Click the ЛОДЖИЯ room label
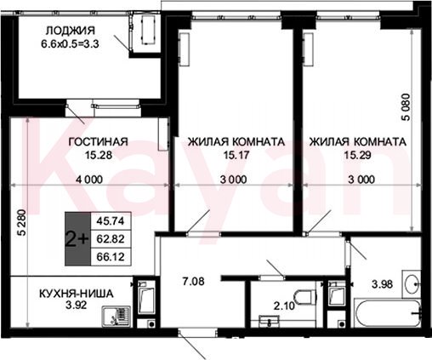tap(71, 31)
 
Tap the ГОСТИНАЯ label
tap(99, 141)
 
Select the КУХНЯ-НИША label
tap(76, 294)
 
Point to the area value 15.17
tap(236, 155)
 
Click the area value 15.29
tap(357, 155)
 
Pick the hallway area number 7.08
tap(193, 282)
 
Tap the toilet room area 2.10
tap(284, 306)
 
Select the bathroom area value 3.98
tap(383, 283)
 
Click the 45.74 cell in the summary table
tap(111, 220)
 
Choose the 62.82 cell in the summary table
tap(111, 239)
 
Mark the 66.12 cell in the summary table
tap(111, 257)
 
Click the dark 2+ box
tap(77, 239)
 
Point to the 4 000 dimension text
tap(89, 180)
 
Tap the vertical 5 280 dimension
tap(22, 223)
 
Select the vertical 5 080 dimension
tap(406, 107)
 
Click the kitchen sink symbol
tap(117, 317)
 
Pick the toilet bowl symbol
tap(304, 297)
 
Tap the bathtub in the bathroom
tap(387, 313)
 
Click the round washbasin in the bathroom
tap(412, 283)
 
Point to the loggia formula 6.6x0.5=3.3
tap(70, 44)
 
